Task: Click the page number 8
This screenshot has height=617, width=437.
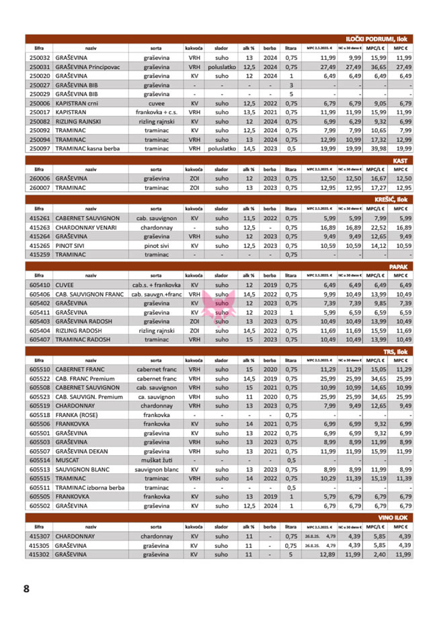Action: pos(26,589)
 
